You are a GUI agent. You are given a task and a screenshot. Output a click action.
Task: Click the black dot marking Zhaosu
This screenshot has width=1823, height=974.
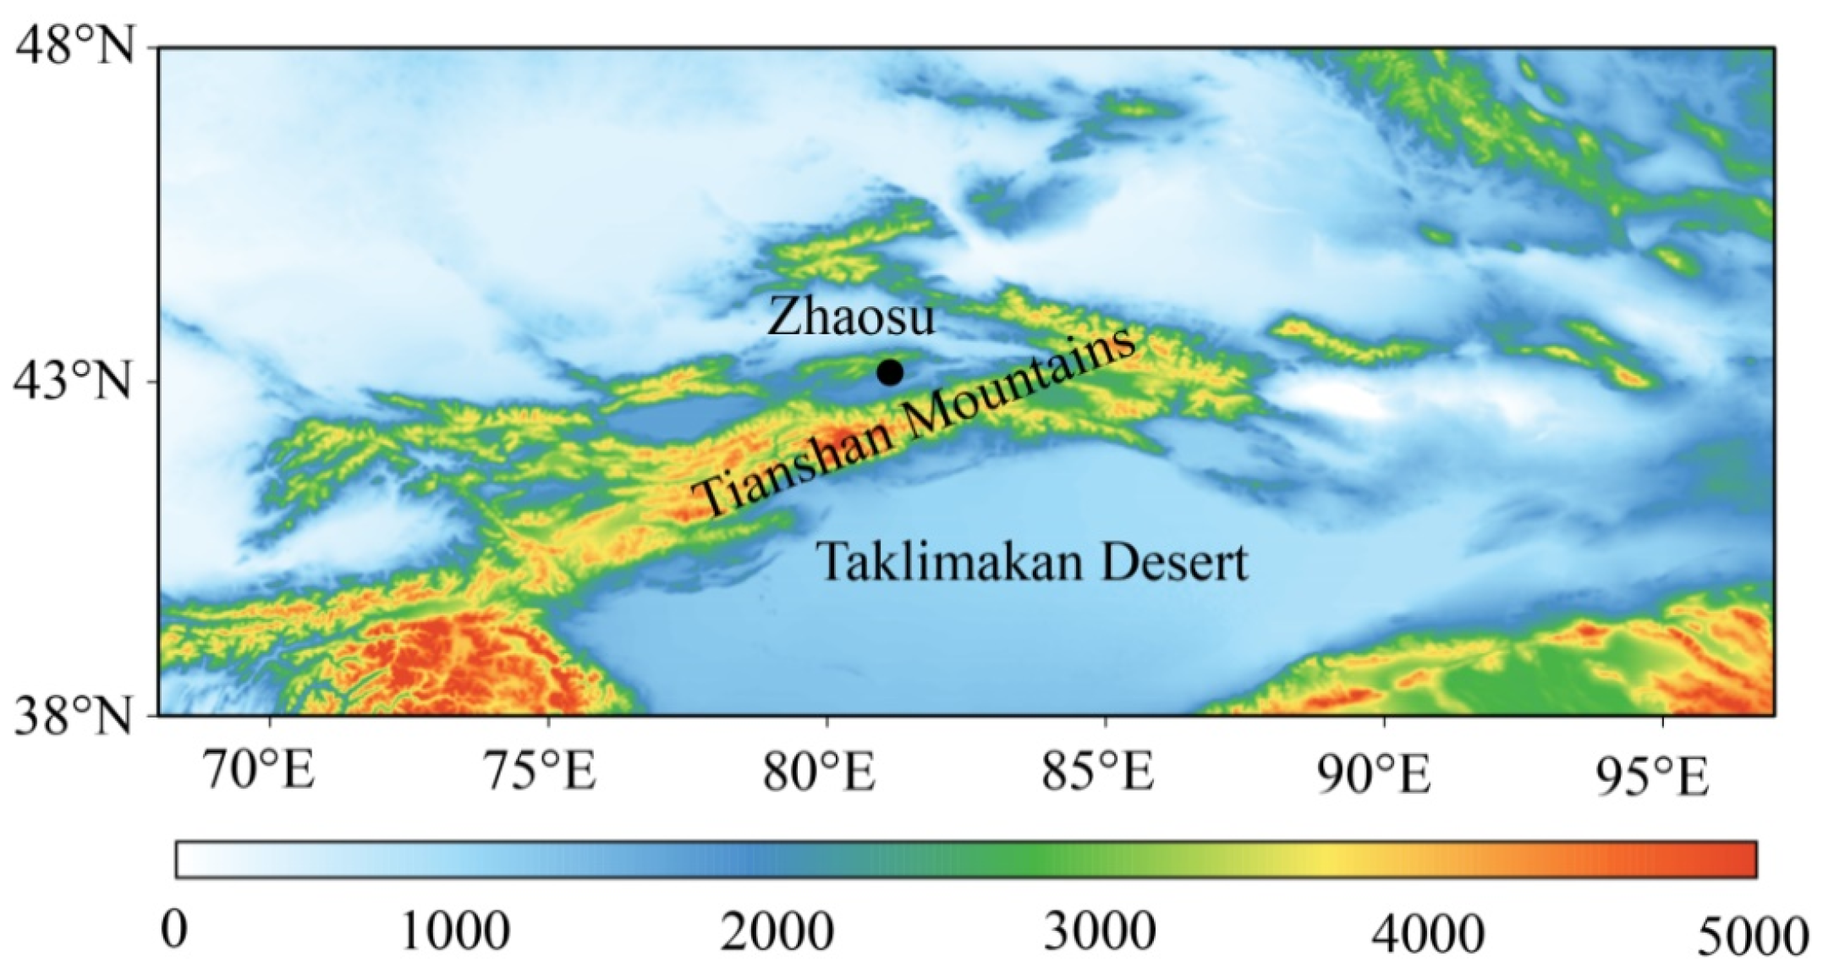pos(889,371)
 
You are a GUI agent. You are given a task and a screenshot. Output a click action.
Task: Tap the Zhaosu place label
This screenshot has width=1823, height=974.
pos(850,317)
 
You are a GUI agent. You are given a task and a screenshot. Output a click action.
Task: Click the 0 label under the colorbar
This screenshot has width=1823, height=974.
pos(175,931)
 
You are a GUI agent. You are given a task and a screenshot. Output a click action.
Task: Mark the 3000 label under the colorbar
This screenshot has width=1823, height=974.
pos(1100,931)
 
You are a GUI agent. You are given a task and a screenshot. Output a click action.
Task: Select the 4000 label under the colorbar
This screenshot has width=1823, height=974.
pos(1427,931)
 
